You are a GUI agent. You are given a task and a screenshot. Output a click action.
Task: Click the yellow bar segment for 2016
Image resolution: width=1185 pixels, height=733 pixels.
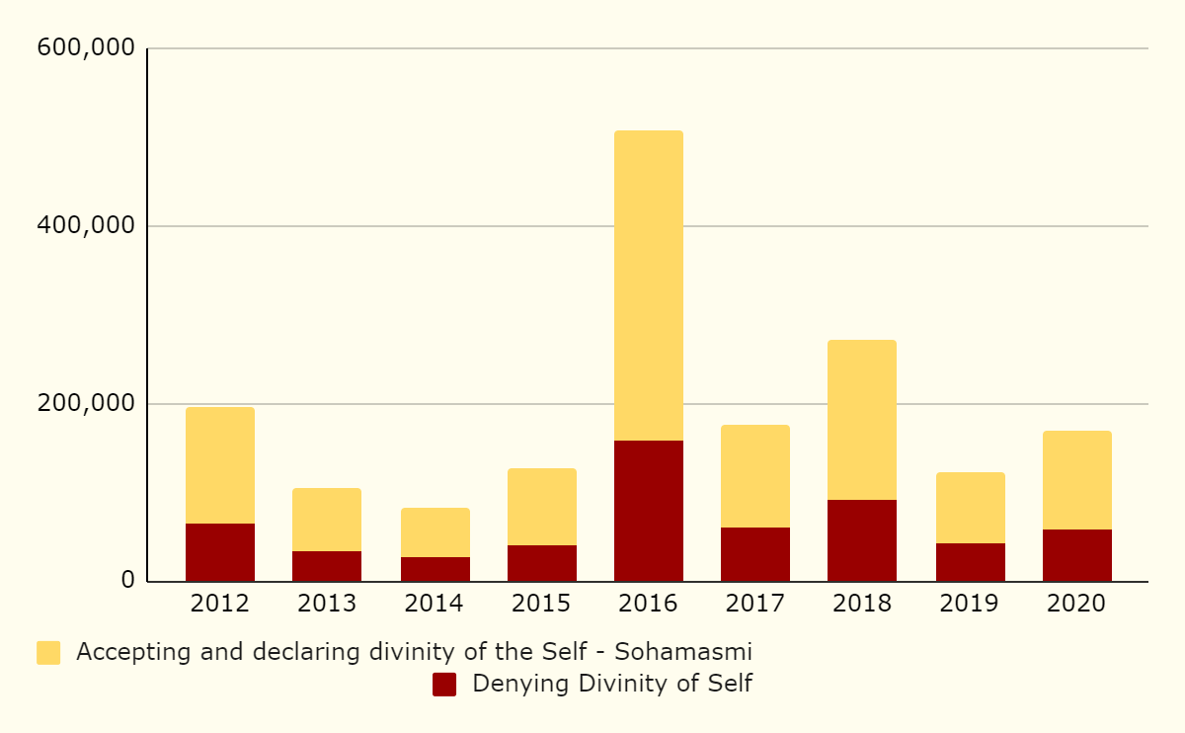648,285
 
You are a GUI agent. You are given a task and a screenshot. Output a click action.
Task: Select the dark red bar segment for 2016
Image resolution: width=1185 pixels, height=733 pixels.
648,511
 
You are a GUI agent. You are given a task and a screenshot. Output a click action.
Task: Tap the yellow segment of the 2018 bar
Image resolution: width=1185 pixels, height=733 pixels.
861,420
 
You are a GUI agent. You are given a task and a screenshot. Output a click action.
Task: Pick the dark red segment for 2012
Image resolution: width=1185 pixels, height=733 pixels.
219,552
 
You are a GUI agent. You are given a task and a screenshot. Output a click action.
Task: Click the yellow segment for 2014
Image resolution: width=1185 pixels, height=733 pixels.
434,532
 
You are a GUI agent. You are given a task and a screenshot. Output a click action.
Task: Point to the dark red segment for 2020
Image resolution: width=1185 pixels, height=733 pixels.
1076,555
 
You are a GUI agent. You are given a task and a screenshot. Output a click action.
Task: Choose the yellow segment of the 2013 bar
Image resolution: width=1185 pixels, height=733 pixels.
326,520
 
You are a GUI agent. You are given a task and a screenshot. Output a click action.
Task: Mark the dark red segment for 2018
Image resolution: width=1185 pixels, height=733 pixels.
861,540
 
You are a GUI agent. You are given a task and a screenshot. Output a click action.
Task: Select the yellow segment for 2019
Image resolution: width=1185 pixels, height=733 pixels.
970,508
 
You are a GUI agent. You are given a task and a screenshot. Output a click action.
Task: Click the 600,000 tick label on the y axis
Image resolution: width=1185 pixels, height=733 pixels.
85,47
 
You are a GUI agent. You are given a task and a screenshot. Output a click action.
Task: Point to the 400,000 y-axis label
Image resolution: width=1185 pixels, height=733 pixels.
85,225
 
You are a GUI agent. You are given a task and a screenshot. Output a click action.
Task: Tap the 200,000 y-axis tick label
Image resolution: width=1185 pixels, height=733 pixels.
85,403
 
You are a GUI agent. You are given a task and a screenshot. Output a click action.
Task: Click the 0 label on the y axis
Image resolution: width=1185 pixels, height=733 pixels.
127,580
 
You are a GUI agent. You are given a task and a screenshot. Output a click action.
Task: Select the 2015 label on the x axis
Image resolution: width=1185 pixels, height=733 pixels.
541,604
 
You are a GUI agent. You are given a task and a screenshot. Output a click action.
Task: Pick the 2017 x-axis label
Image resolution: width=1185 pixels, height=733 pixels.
754,604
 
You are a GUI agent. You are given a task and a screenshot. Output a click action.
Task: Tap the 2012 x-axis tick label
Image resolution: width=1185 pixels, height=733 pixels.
219,604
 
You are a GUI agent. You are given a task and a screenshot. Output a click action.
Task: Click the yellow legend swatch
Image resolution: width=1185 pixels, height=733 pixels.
48,653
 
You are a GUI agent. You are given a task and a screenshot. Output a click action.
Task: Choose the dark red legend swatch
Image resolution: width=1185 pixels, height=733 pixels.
444,685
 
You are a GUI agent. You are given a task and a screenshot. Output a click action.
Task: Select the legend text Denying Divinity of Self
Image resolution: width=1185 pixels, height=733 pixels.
612,684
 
